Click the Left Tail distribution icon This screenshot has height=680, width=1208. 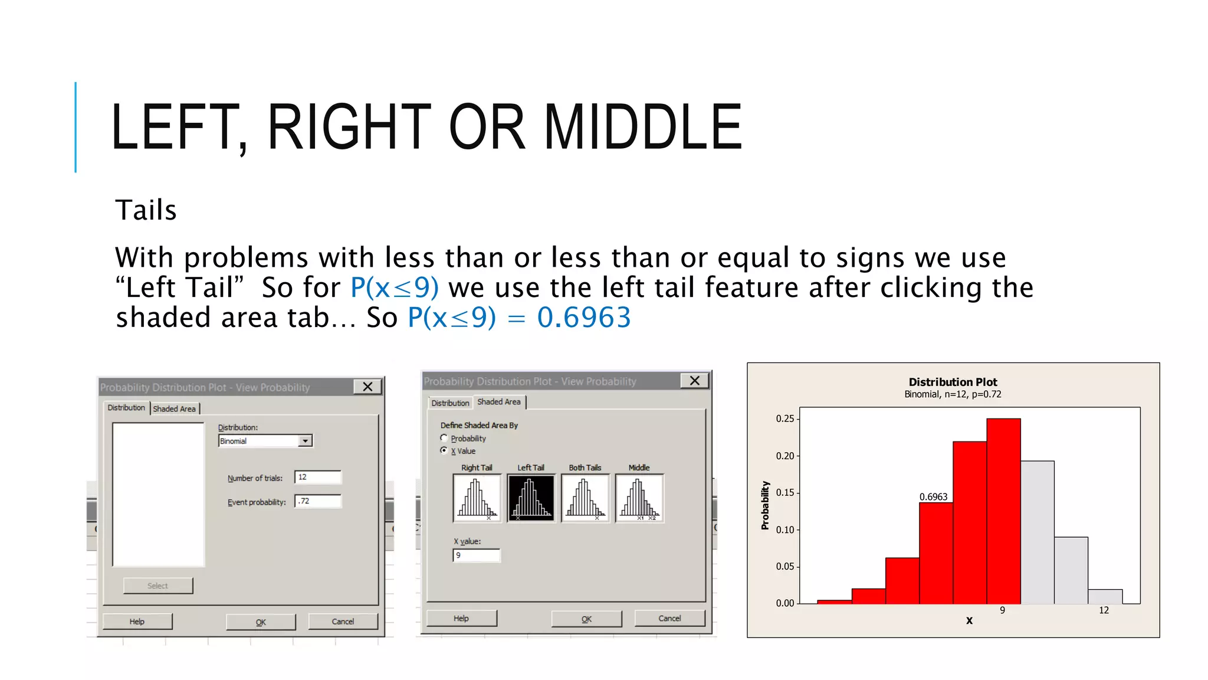tap(530, 498)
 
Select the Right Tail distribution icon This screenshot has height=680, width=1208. tap(477, 498)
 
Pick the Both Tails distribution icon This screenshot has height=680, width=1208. tap(585, 498)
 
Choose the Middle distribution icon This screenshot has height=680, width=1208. tap(639, 498)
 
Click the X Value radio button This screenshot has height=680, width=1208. tap(444, 450)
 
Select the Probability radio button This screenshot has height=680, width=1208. tap(444, 438)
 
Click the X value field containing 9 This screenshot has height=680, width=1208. tap(476, 555)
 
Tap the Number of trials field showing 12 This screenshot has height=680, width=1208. tap(317, 477)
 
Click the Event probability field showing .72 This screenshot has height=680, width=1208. tap(317, 501)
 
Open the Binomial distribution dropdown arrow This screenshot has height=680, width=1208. tap(305, 441)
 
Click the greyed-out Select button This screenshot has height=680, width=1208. tap(157, 586)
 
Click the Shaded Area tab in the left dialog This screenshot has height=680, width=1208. tap(174, 408)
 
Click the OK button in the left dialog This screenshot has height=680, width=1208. tap(261, 622)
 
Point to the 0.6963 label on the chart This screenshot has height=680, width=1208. tap(933, 497)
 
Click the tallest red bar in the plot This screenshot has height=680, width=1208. tap(1003, 511)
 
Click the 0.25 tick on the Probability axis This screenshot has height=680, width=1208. tap(785, 419)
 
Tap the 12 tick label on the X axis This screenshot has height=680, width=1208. tap(1104, 610)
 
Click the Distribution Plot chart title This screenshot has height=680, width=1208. tap(953, 382)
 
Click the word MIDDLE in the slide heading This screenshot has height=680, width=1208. tap(642, 127)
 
